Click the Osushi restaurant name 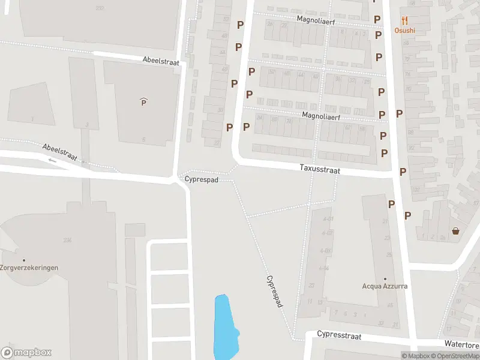click(404, 31)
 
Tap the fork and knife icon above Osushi click(404, 20)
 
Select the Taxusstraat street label click(320, 170)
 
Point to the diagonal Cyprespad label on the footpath click(274, 292)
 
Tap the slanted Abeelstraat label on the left click(60, 152)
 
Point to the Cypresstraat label click(339, 335)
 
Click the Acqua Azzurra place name click(385, 286)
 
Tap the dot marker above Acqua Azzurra click(385, 278)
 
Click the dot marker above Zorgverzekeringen click(24, 260)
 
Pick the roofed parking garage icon click(143, 102)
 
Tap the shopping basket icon click(455, 231)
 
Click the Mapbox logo click(26, 353)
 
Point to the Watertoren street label click(461, 344)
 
